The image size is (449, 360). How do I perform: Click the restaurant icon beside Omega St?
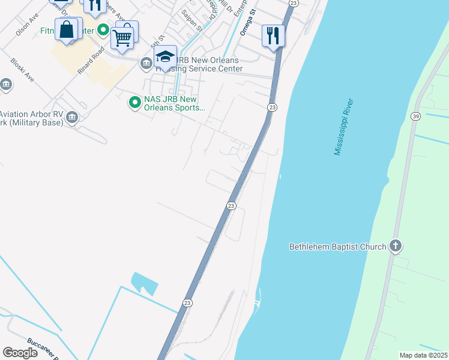(273, 35)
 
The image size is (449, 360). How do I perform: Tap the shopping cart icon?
(122, 38)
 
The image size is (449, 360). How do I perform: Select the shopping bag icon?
(67, 29)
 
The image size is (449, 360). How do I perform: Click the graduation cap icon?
(165, 57)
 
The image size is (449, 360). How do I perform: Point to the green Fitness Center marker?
(103, 29)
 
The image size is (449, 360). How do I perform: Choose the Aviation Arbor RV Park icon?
(72, 116)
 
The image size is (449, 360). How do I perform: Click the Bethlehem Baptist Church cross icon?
(395, 245)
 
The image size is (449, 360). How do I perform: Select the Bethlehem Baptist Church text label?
(337, 246)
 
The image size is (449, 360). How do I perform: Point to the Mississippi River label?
(345, 127)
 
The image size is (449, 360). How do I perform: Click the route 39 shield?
(415, 116)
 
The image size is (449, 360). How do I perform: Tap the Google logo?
(20, 352)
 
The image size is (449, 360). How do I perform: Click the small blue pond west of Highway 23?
(145, 283)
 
